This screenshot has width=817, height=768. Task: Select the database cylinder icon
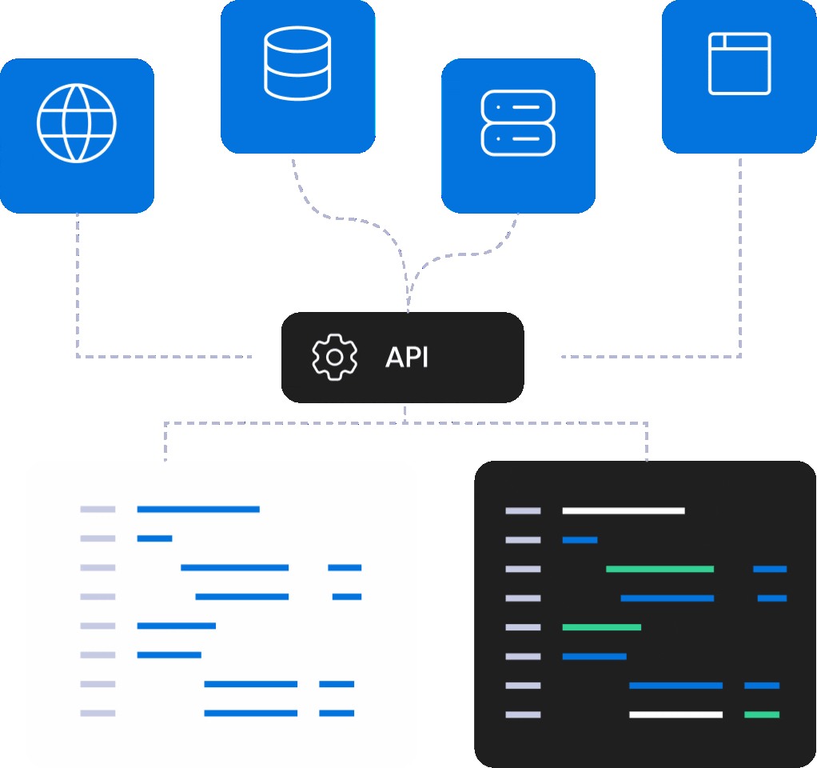(297, 63)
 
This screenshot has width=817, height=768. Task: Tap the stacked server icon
(518, 122)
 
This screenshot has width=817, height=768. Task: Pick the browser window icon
(739, 63)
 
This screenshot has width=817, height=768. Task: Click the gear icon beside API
(335, 357)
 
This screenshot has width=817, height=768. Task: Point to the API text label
(407, 358)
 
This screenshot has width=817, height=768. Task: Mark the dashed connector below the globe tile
(78, 280)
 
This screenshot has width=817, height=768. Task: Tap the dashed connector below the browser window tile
(740, 256)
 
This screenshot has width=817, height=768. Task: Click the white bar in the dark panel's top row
(624, 510)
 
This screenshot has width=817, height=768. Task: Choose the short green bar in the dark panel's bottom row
(762, 714)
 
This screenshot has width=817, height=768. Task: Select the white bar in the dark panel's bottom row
(676, 714)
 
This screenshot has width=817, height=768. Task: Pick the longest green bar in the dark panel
(660, 569)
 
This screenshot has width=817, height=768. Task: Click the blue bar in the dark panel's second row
(580, 540)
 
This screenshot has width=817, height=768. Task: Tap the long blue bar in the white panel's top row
(198, 509)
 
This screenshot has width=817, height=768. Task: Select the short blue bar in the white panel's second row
(154, 538)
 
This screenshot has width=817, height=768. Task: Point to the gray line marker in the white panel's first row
(98, 509)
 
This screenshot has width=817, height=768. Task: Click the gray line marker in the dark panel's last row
(523, 714)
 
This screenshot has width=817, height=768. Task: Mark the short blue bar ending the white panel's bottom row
(337, 713)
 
